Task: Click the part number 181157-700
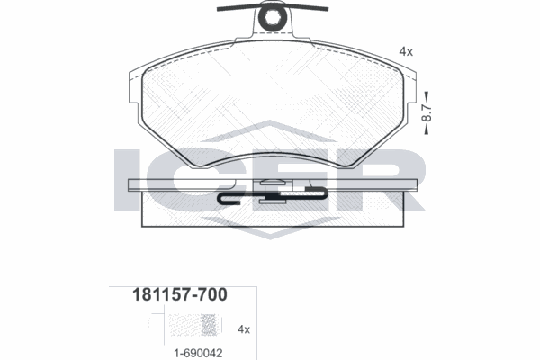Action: point(167,294)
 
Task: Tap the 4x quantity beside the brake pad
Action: point(405,52)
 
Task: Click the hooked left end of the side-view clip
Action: point(224,198)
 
